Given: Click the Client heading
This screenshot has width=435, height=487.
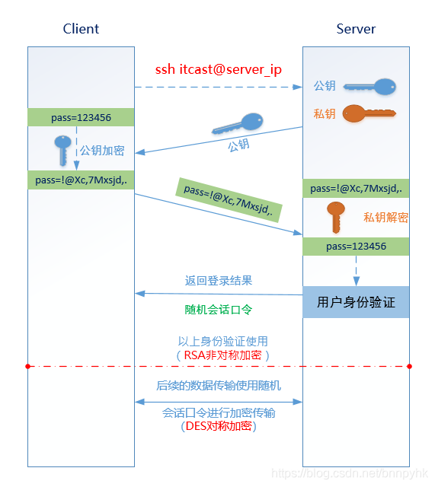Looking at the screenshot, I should (x=81, y=29).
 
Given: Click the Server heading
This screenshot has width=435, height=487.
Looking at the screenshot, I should (x=356, y=29).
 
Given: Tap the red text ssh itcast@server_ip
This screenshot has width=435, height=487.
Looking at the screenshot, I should (x=219, y=70).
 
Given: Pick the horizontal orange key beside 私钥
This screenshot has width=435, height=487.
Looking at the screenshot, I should (x=369, y=114).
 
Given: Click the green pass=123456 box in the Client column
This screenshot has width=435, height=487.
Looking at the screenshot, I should (x=81, y=117).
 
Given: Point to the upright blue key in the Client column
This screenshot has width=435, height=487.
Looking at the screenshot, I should (x=62, y=150).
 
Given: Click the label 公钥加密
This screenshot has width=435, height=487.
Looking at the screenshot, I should (x=102, y=151).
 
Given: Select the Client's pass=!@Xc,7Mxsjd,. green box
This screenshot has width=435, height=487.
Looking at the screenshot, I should (x=81, y=180).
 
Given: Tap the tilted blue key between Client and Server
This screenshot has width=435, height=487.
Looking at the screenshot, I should (x=237, y=123).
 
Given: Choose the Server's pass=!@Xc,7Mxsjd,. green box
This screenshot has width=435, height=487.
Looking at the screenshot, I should (x=356, y=189).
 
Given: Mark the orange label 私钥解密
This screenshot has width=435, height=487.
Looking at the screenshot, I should (x=385, y=218).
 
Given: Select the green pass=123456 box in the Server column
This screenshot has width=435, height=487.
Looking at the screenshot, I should (x=356, y=247).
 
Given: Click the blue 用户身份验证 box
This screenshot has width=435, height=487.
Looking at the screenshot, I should (x=356, y=302).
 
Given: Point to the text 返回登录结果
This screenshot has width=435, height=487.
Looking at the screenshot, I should (x=219, y=281).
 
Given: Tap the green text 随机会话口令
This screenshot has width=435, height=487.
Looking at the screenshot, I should (x=219, y=310).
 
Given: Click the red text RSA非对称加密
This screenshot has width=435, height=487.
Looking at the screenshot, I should (x=222, y=355).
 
